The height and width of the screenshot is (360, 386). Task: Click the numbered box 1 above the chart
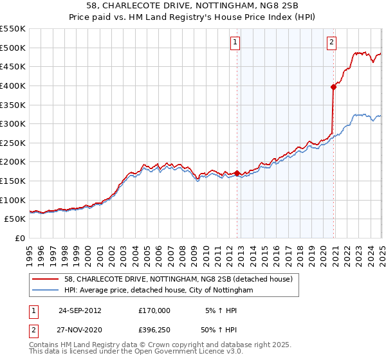[235, 43]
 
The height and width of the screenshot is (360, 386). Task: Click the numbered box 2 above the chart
[331, 43]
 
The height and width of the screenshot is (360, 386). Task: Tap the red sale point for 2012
[237, 173]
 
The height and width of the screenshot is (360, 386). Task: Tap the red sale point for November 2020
[333, 87]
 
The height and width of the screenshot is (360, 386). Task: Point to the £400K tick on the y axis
[14, 85]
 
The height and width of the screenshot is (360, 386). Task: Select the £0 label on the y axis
[20, 239]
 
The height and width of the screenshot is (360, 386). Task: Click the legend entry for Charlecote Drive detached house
[178, 279]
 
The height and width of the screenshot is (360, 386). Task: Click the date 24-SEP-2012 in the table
[80, 310]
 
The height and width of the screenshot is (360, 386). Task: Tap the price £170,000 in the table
[154, 310]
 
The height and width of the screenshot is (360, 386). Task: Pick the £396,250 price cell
[154, 329]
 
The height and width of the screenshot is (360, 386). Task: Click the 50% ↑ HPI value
[221, 329]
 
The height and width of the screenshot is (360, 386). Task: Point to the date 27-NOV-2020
[80, 329]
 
